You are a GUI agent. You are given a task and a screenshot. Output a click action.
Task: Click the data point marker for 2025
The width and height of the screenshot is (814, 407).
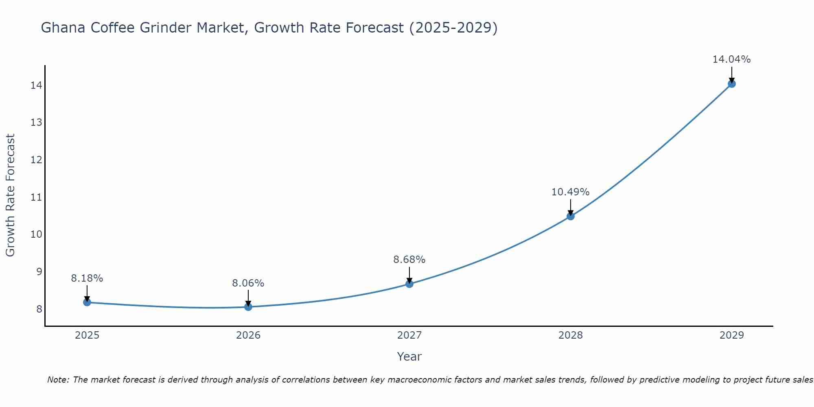(x=87, y=302)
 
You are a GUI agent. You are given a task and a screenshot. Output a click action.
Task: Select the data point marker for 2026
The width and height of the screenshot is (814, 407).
(x=248, y=306)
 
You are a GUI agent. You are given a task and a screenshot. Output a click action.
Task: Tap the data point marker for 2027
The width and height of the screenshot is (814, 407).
(x=409, y=284)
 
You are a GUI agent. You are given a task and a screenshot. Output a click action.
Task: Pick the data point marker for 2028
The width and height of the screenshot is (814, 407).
(x=571, y=216)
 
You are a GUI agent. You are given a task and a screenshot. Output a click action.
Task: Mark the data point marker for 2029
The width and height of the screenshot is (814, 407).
(x=731, y=84)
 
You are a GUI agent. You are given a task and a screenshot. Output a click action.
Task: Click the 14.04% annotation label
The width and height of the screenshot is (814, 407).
(x=731, y=59)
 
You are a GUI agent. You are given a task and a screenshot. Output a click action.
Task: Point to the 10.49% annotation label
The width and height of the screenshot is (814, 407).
(x=570, y=192)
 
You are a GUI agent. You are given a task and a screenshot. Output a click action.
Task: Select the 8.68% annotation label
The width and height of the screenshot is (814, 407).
(x=409, y=260)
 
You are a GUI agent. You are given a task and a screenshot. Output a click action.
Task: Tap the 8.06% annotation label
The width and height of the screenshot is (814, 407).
(x=248, y=283)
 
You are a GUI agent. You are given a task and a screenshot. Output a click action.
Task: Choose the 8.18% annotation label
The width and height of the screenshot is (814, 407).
(x=87, y=278)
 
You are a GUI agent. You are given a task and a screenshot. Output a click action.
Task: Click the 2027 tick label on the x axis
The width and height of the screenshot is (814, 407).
(x=409, y=335)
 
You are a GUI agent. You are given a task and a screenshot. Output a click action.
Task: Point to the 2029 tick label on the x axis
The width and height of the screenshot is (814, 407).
(x=731, y=335)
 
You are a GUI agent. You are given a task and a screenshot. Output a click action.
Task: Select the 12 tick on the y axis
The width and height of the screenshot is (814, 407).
(x=36, y=160)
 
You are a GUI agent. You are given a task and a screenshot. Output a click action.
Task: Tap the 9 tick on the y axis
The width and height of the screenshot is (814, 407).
(x=39, y=272)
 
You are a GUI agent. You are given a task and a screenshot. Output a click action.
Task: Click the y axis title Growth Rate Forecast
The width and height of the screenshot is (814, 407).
(x=10, y=195)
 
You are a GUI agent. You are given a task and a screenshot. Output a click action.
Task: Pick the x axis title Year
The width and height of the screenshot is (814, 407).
(x=409, y=357)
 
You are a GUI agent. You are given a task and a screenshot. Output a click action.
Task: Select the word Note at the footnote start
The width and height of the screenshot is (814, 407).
(x=57, y=380)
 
